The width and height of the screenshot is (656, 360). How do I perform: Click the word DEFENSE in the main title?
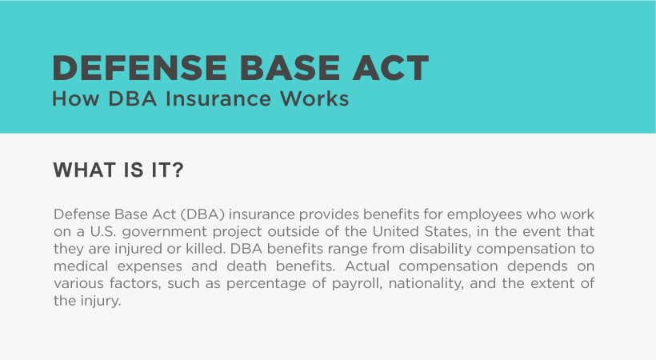[x=139, y=68]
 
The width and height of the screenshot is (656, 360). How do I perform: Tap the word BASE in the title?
[x=290, y=68]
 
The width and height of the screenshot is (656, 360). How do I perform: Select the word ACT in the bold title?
[x=391, y=68]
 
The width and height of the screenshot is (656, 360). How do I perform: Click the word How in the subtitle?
[x=76, y=98]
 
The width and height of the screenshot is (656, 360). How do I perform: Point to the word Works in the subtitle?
[x=314, y=98]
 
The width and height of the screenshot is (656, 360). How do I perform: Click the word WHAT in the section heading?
[x=84, y=170]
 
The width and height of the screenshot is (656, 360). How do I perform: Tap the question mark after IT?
[x=178, y=170]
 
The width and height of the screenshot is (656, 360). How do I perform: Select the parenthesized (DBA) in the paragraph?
[x=203, y=214]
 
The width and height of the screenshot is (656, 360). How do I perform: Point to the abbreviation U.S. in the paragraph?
[x=102, y=231]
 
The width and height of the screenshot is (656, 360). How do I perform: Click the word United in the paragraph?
[x=395, y=231]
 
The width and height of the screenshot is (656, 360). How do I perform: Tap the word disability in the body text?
[x=441, y=250]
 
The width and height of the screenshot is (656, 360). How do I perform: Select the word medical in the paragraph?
[x=81, y=266]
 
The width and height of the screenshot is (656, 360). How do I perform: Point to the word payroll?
[x=358, y=284]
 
